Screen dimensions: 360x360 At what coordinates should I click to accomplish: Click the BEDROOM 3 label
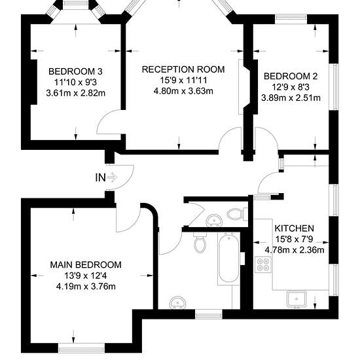[x=75, y=71]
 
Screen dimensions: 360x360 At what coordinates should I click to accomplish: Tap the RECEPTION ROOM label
[x=183, y=69]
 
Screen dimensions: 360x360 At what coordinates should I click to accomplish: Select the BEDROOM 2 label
[x=291, y=76]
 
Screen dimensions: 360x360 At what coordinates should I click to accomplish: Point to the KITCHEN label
[x=295, y=228]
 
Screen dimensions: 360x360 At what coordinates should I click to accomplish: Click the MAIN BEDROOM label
[x=86, y=264]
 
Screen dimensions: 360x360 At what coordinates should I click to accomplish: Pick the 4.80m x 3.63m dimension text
[x=183, y=91]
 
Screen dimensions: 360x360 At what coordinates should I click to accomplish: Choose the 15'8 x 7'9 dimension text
[x=295, y=239]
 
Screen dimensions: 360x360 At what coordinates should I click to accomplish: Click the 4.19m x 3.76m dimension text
[x=86, y=287]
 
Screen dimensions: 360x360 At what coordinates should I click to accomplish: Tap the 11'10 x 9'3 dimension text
[x=75, y=82]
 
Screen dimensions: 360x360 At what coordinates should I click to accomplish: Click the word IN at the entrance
[x=101, y=177]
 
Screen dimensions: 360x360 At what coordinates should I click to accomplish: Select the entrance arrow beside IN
[x=113, y=177]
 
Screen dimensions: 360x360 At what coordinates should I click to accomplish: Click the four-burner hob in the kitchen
[x=263, y=264]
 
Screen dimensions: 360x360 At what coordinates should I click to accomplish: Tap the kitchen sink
[x=297, y=299]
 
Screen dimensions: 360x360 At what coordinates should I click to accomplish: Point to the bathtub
[x=228, y=257]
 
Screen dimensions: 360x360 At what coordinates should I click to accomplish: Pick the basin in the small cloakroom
[x=214, y=220]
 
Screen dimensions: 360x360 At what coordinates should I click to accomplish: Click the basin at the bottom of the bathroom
[x=177, y=302]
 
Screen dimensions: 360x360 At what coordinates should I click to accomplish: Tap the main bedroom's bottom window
[x=82, y=350]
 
